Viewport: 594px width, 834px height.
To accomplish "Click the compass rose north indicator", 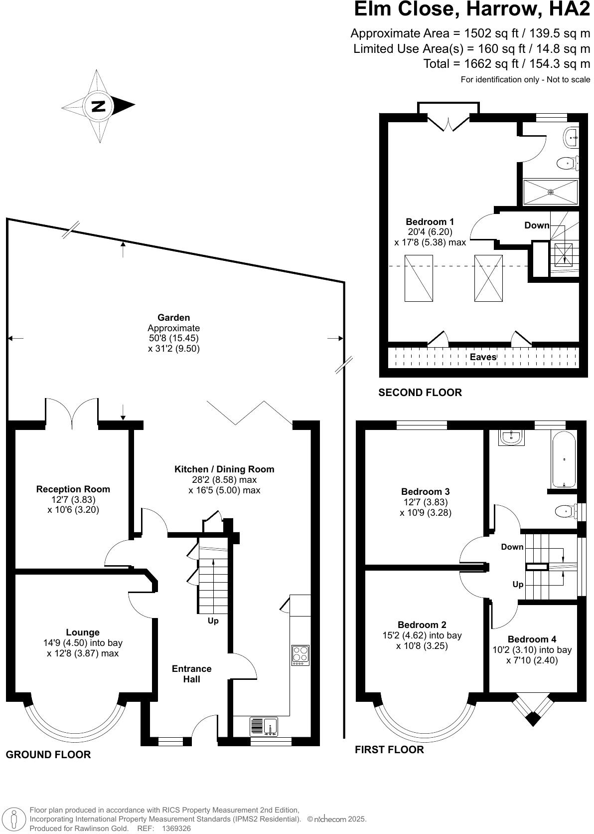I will (x=99, y=106).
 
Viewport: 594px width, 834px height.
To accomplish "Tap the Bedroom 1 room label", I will (x=430, y=222).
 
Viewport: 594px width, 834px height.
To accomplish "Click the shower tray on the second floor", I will (x=551, y=192).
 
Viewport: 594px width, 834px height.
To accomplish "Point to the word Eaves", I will (x=483, y=357).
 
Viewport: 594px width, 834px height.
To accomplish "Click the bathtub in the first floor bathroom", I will (x=564, y=459).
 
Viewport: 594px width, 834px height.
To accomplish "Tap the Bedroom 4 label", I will (x=532, y=639).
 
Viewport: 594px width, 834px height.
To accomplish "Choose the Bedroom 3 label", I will (x=425, y=492).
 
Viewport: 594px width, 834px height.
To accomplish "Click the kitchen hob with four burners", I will (x=300, y=655).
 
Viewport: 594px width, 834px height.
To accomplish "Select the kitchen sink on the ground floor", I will (x=270, y=726).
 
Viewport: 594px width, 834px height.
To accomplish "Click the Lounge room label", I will (x=83, y=632).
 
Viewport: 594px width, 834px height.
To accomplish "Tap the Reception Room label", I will (x=73, y=489).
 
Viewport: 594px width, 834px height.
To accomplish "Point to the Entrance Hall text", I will (x=191, y=674).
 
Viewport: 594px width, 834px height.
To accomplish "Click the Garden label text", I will (x=173, y=318).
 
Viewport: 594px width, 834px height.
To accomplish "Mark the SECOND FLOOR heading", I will (x=420, y=393).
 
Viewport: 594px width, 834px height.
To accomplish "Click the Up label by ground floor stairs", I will (x=213, y=621).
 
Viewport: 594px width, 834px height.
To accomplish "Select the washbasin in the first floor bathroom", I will (x=511, y=437).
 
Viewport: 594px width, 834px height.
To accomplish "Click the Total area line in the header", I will (x=506, y=63).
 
